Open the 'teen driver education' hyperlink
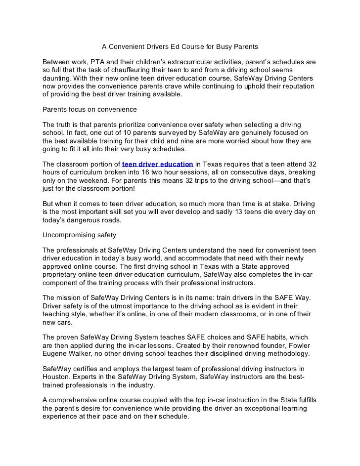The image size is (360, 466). point(157,165)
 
